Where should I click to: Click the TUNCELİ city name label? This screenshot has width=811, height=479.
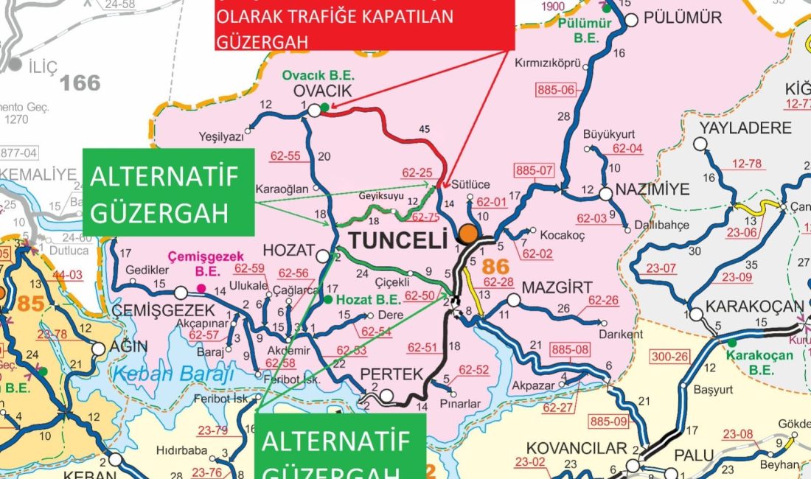398,240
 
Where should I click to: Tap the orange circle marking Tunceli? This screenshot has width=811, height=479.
467,234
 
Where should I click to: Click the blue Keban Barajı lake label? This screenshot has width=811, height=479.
173,374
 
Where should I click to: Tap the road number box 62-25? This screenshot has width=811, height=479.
417,172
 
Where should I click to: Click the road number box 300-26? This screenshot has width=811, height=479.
670,357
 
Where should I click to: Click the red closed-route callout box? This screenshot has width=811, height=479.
363,25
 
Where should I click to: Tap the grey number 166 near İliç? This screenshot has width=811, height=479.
80,83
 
